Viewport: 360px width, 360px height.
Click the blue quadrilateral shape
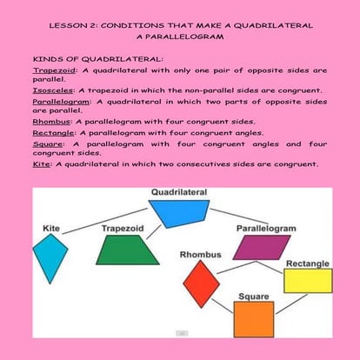pyautogui.click(x=178, y=213)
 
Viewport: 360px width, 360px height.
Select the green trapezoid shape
pyautogui.click(x=128, y=250)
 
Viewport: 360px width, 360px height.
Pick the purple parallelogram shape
pyautogui.click(x=261, y=247)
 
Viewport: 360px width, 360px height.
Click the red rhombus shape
pyautogui.click(x=201, y=282)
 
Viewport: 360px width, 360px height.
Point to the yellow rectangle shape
pyautogui.click(x=308, y=280)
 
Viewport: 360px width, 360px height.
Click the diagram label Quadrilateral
pyautogui.click(x=178, y=191)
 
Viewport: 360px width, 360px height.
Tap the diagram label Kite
pyautogui.click(x=51, y=228)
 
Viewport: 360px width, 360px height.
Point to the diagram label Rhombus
pyautogui.click(x=201, y=254)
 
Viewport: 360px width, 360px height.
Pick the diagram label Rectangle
pyautogui.click(x=308, y=263)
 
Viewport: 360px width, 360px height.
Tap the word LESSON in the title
pyautogui.click(x=67, y=27)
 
